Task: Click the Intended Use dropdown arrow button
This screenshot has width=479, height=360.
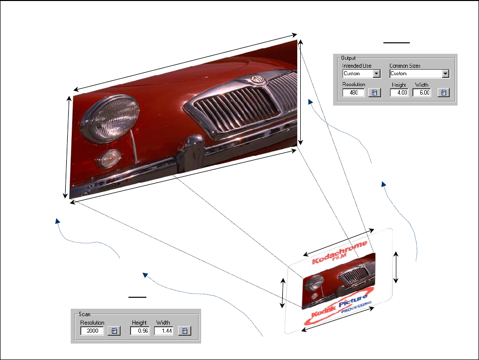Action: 376,74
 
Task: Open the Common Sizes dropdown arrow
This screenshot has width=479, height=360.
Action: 446,74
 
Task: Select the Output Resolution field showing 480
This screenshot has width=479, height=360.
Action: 353,93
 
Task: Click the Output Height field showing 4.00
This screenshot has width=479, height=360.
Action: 399,93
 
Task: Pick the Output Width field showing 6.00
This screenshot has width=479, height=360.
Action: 421,93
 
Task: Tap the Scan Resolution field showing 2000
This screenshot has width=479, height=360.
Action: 92,331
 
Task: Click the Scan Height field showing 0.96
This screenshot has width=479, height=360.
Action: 139,331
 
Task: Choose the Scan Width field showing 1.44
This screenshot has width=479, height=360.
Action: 163,331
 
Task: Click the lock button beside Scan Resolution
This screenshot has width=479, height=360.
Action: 114,331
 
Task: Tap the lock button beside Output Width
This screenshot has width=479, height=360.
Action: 444,93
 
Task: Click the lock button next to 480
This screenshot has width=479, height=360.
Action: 374,93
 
